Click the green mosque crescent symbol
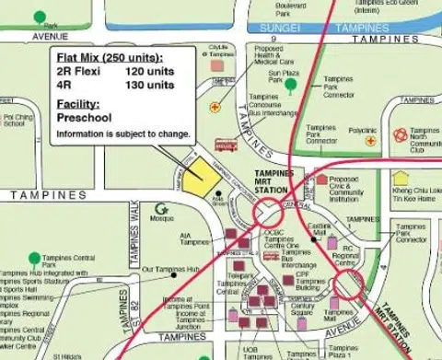point(161,209)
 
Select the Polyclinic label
point(363,131)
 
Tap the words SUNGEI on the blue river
point(281,29)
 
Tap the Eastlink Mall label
point(318,229)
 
